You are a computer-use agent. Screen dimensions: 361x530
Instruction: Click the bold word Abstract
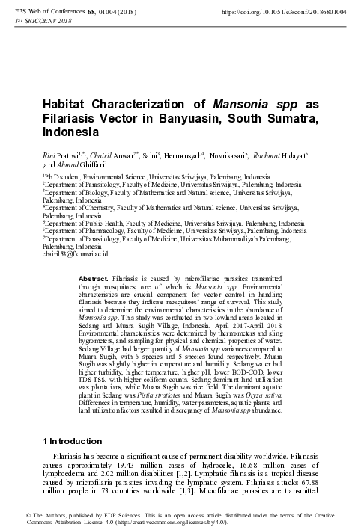coord(94,277)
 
